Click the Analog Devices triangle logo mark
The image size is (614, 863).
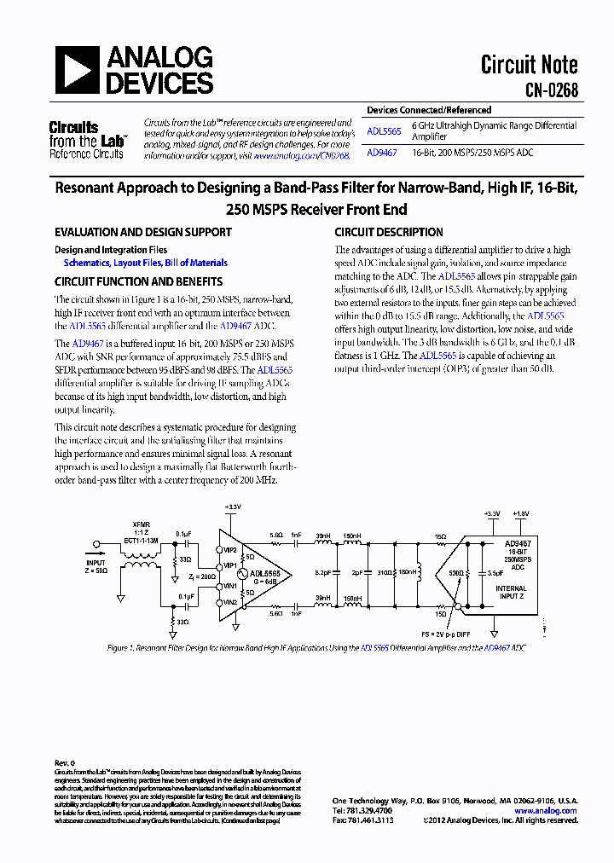click(78, 70)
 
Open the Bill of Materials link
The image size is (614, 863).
click(196, 264)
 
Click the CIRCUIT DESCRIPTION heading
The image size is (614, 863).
click(388, 232)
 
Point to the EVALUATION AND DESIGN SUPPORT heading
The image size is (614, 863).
click(142, 232)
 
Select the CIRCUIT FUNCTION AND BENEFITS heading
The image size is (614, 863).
click(138, 281)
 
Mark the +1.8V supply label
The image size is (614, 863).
click(519, 513)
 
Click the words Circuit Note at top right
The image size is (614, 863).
click(529, 64)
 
